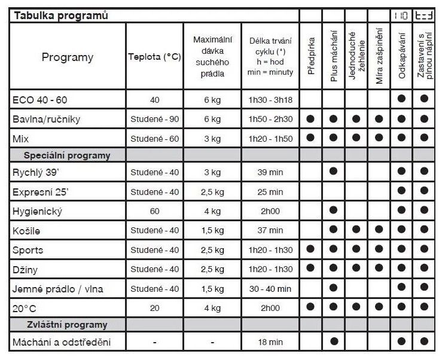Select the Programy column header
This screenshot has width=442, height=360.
[68, 57]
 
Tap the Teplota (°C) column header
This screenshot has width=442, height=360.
[154, 57]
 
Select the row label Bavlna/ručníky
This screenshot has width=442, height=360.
[46, 118]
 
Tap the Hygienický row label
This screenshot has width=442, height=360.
[37, 211]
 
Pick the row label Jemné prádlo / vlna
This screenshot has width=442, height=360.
[57, 289]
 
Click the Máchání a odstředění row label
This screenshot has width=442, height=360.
[61, 343]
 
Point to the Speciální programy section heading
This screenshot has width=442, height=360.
[67, 155]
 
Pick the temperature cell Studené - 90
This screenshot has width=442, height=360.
[154, 119]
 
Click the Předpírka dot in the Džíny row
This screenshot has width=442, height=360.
[310, 269]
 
